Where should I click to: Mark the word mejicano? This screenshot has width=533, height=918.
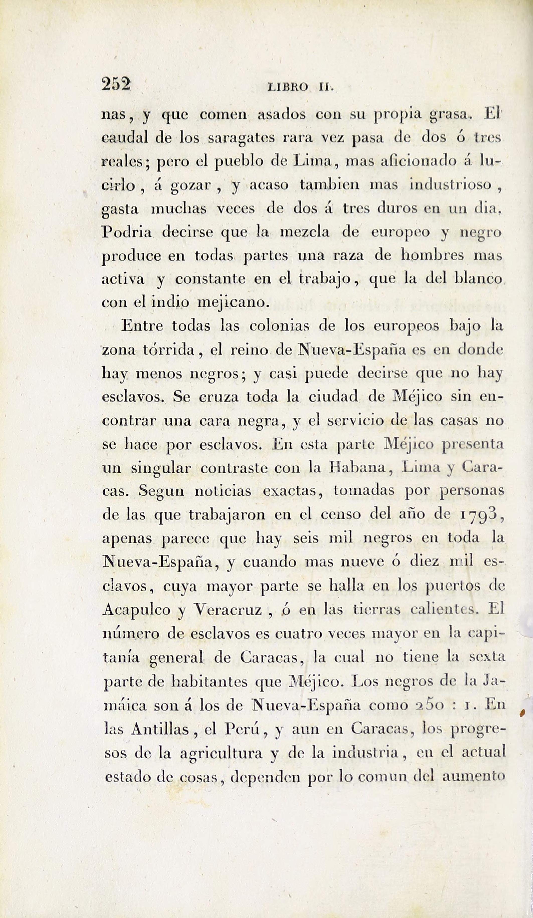coord(233,303)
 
